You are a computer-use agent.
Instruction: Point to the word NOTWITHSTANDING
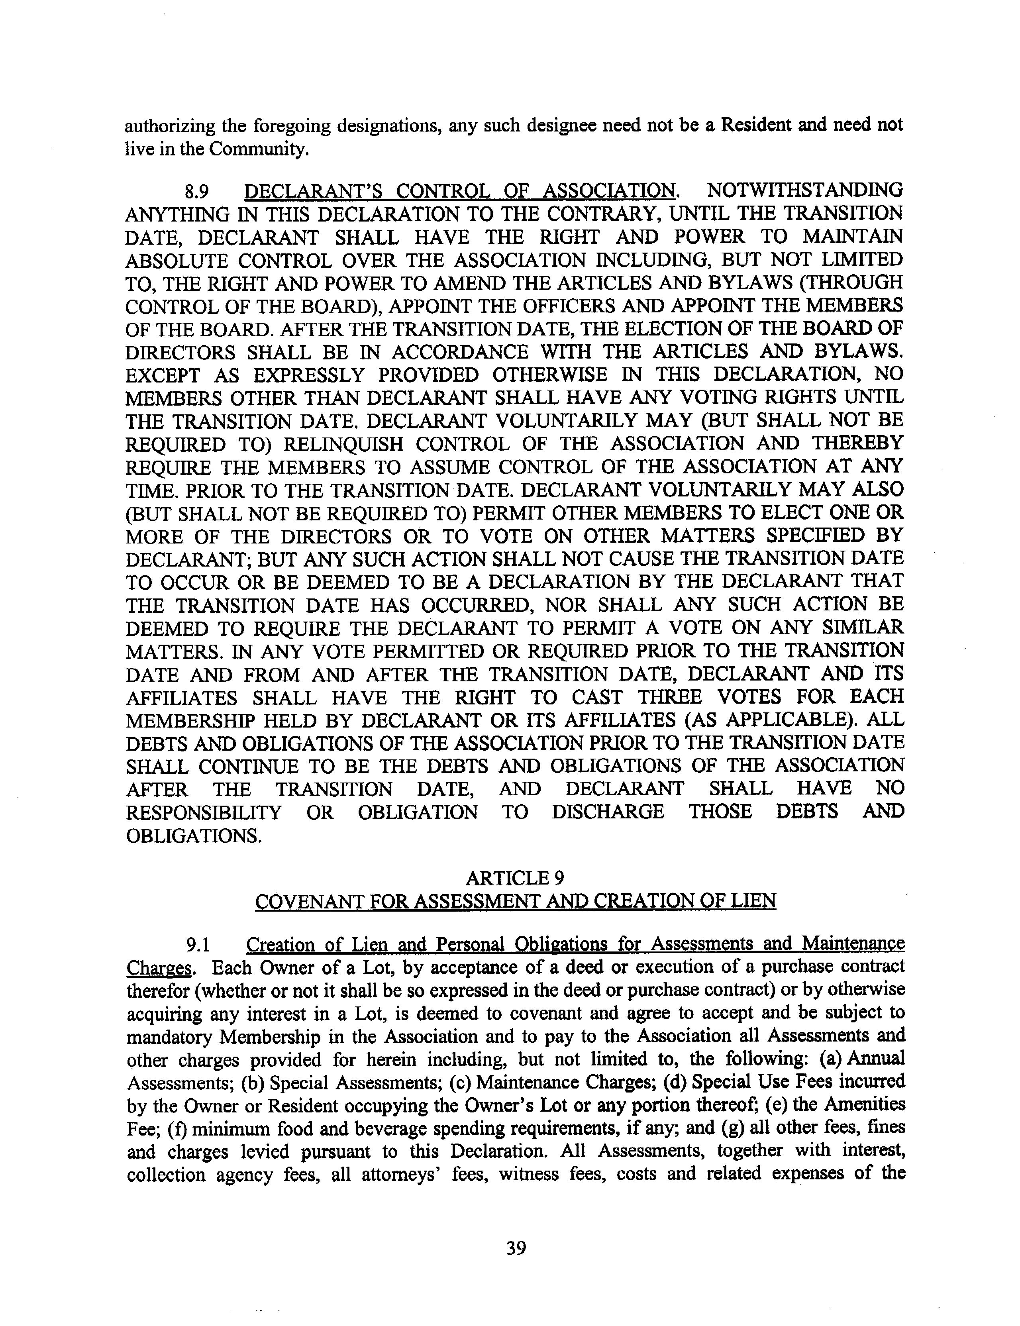(x=804, y=190)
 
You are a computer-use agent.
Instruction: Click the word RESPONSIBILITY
(x=204, y=812)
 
